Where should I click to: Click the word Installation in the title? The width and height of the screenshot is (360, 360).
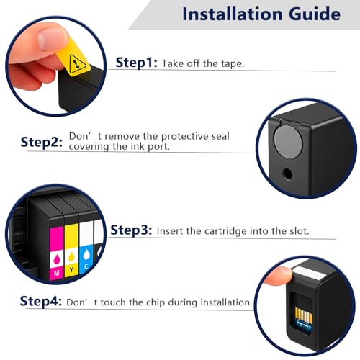[x=233, y=14]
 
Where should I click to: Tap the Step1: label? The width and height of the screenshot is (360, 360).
[x=136, y=63]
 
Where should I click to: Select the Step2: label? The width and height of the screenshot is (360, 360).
[x=42, y=142]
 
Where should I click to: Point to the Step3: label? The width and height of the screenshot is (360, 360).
[x=131, y=230]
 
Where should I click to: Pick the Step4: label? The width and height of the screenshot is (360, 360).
[x=41, y=301]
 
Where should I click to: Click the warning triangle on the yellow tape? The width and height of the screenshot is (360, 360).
[x=76, y=64]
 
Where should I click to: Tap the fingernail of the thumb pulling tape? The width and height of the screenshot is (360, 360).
[x=52, y=39]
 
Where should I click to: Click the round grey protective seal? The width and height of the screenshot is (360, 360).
[x=288, y=142]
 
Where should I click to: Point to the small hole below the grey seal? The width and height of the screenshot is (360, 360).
[x=287, y=174]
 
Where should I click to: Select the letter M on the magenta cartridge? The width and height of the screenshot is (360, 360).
[x=57, y=273]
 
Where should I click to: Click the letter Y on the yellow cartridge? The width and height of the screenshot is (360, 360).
[x=71, y=270]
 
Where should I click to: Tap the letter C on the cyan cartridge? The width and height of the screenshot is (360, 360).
[x=86, y=266]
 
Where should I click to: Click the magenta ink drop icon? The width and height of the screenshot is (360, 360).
[x=57, y=259]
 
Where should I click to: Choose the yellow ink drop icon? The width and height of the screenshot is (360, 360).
[x=71, y=256]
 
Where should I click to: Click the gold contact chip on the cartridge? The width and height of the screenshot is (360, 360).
[x=304, y=316]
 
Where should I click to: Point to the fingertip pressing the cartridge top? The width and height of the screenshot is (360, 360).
[x=279, y=276]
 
